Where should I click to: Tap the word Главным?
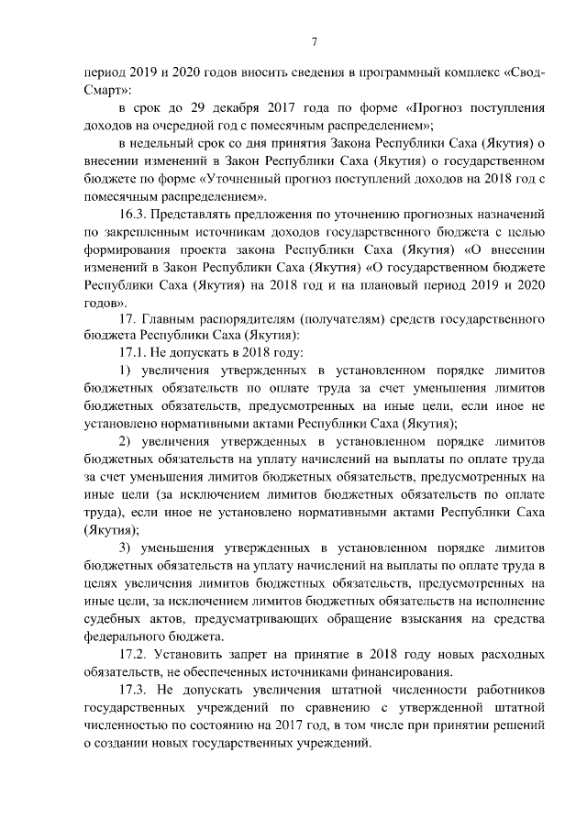pyautogui.click(x=172, y=318)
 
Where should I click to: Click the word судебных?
pyautogui.click(x=112, y=619)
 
